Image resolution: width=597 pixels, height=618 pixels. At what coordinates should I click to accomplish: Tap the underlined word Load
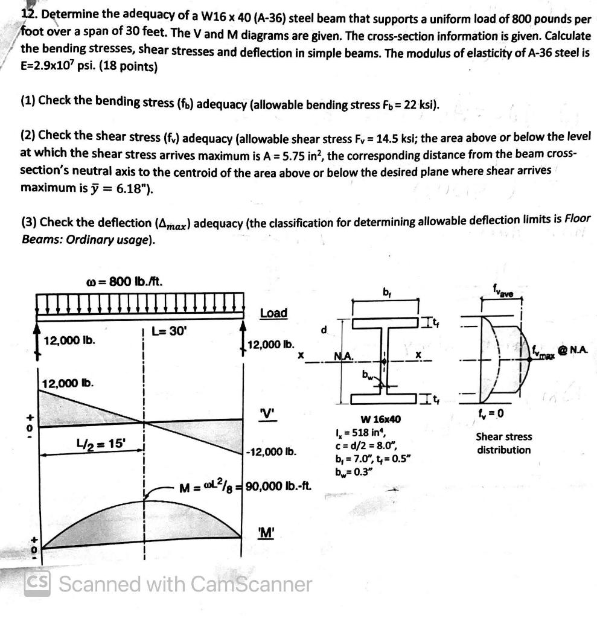tap(273, 313)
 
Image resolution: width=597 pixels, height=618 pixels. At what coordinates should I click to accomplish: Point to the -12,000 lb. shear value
tap(272, 451)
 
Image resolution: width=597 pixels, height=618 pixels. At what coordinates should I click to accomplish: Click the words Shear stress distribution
tap(503, 444)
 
